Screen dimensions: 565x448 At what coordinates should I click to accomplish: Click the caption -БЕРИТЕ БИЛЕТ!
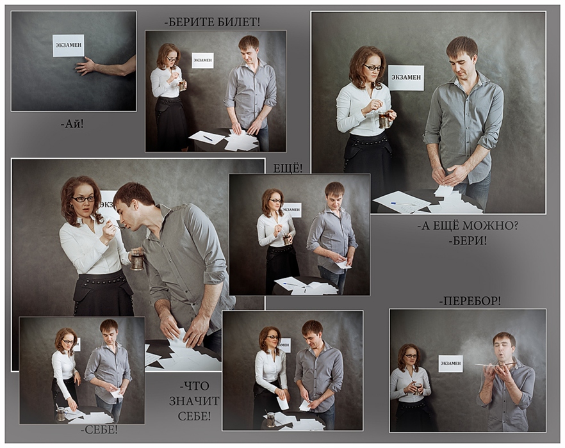coord(212,22)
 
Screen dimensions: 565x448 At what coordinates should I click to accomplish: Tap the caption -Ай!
coord(72,124)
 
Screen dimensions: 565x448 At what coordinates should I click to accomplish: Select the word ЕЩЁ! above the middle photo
coord(288,168)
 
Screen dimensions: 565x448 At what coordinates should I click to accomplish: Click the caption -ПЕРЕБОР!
coord(470,301)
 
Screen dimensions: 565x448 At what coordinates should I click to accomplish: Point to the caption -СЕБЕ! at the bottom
coord(99,429)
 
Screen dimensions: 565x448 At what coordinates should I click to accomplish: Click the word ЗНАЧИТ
coord(194,401)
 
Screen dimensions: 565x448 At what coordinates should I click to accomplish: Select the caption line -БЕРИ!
coord(468,241)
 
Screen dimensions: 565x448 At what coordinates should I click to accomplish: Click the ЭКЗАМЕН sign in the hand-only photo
coord(69,45)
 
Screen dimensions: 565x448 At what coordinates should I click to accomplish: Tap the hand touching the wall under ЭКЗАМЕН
coord(85,67)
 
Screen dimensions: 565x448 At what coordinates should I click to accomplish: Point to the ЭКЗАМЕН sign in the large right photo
coord(406,77)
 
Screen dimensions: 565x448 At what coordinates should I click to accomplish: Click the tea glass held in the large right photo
coord(386,119)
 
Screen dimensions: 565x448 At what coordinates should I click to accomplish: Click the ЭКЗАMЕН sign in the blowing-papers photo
coord(450,364)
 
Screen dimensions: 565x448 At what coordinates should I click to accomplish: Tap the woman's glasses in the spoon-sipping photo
coord(84,199)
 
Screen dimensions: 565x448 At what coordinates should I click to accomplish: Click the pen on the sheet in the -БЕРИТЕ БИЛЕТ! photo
coord(208,138)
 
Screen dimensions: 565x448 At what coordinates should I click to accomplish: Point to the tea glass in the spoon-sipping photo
coord(137,259)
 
